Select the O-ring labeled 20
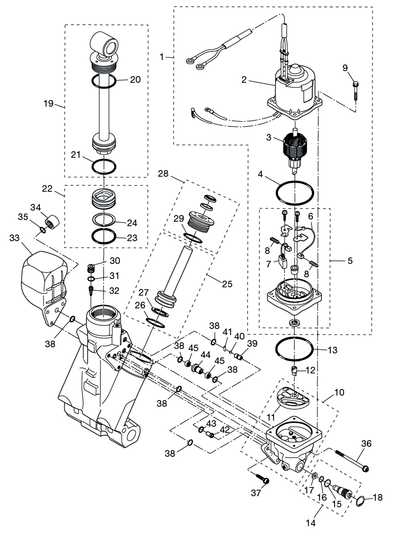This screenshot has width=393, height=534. tap(104, 82)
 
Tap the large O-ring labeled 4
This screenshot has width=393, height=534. tap(294, 193)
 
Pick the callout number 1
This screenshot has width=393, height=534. tap(162, 57)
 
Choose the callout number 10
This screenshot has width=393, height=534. tap(339, 392)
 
